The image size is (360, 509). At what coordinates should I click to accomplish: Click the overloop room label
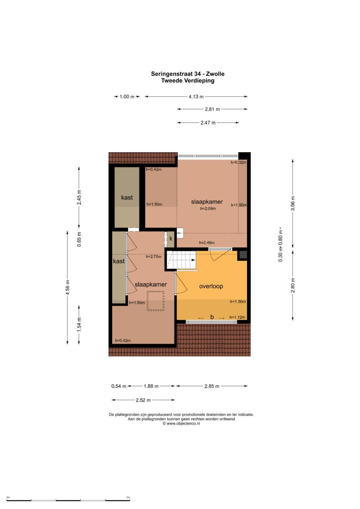pyautogui.click(x=211, y=286)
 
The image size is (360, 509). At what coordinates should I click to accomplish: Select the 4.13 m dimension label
pyautogui.click(x=196, y=97)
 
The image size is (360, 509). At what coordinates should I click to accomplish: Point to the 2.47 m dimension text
pyautogui.click(x=208, y=123)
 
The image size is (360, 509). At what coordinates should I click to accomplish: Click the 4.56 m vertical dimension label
pyautogui.click(x=67, y=287)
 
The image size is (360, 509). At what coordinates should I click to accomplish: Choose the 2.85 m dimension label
pyautogui.click(x=212, y=386)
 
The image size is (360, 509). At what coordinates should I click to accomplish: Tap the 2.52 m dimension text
pyautogui.click(x=143, y=400)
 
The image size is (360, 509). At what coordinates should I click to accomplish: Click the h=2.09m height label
pyautogui.click(x=208, y=209)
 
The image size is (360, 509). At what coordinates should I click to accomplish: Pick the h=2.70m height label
pyautogui.click(x=154, y=257)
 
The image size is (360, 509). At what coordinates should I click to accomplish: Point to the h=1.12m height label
pyautogui.click(x=237, y=317)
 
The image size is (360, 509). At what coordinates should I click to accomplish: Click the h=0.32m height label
pyautogui.click(x=238, y=162)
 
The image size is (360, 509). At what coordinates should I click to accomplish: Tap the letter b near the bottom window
pyautogui.click(x=212, y=317)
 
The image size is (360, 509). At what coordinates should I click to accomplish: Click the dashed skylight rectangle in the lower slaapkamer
pyautogui.click(x=155, y=301)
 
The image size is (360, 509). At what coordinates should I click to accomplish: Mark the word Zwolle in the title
pyautogui.click(x=215, y=74)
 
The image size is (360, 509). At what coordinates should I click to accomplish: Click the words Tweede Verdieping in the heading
pyautogui.click(x=188, y=81)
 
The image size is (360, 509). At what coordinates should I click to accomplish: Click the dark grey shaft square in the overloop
pyautogui.click(x=243, y=255)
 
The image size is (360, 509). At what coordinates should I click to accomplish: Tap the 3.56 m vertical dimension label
pyautogui.click(x=293, y=203)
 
